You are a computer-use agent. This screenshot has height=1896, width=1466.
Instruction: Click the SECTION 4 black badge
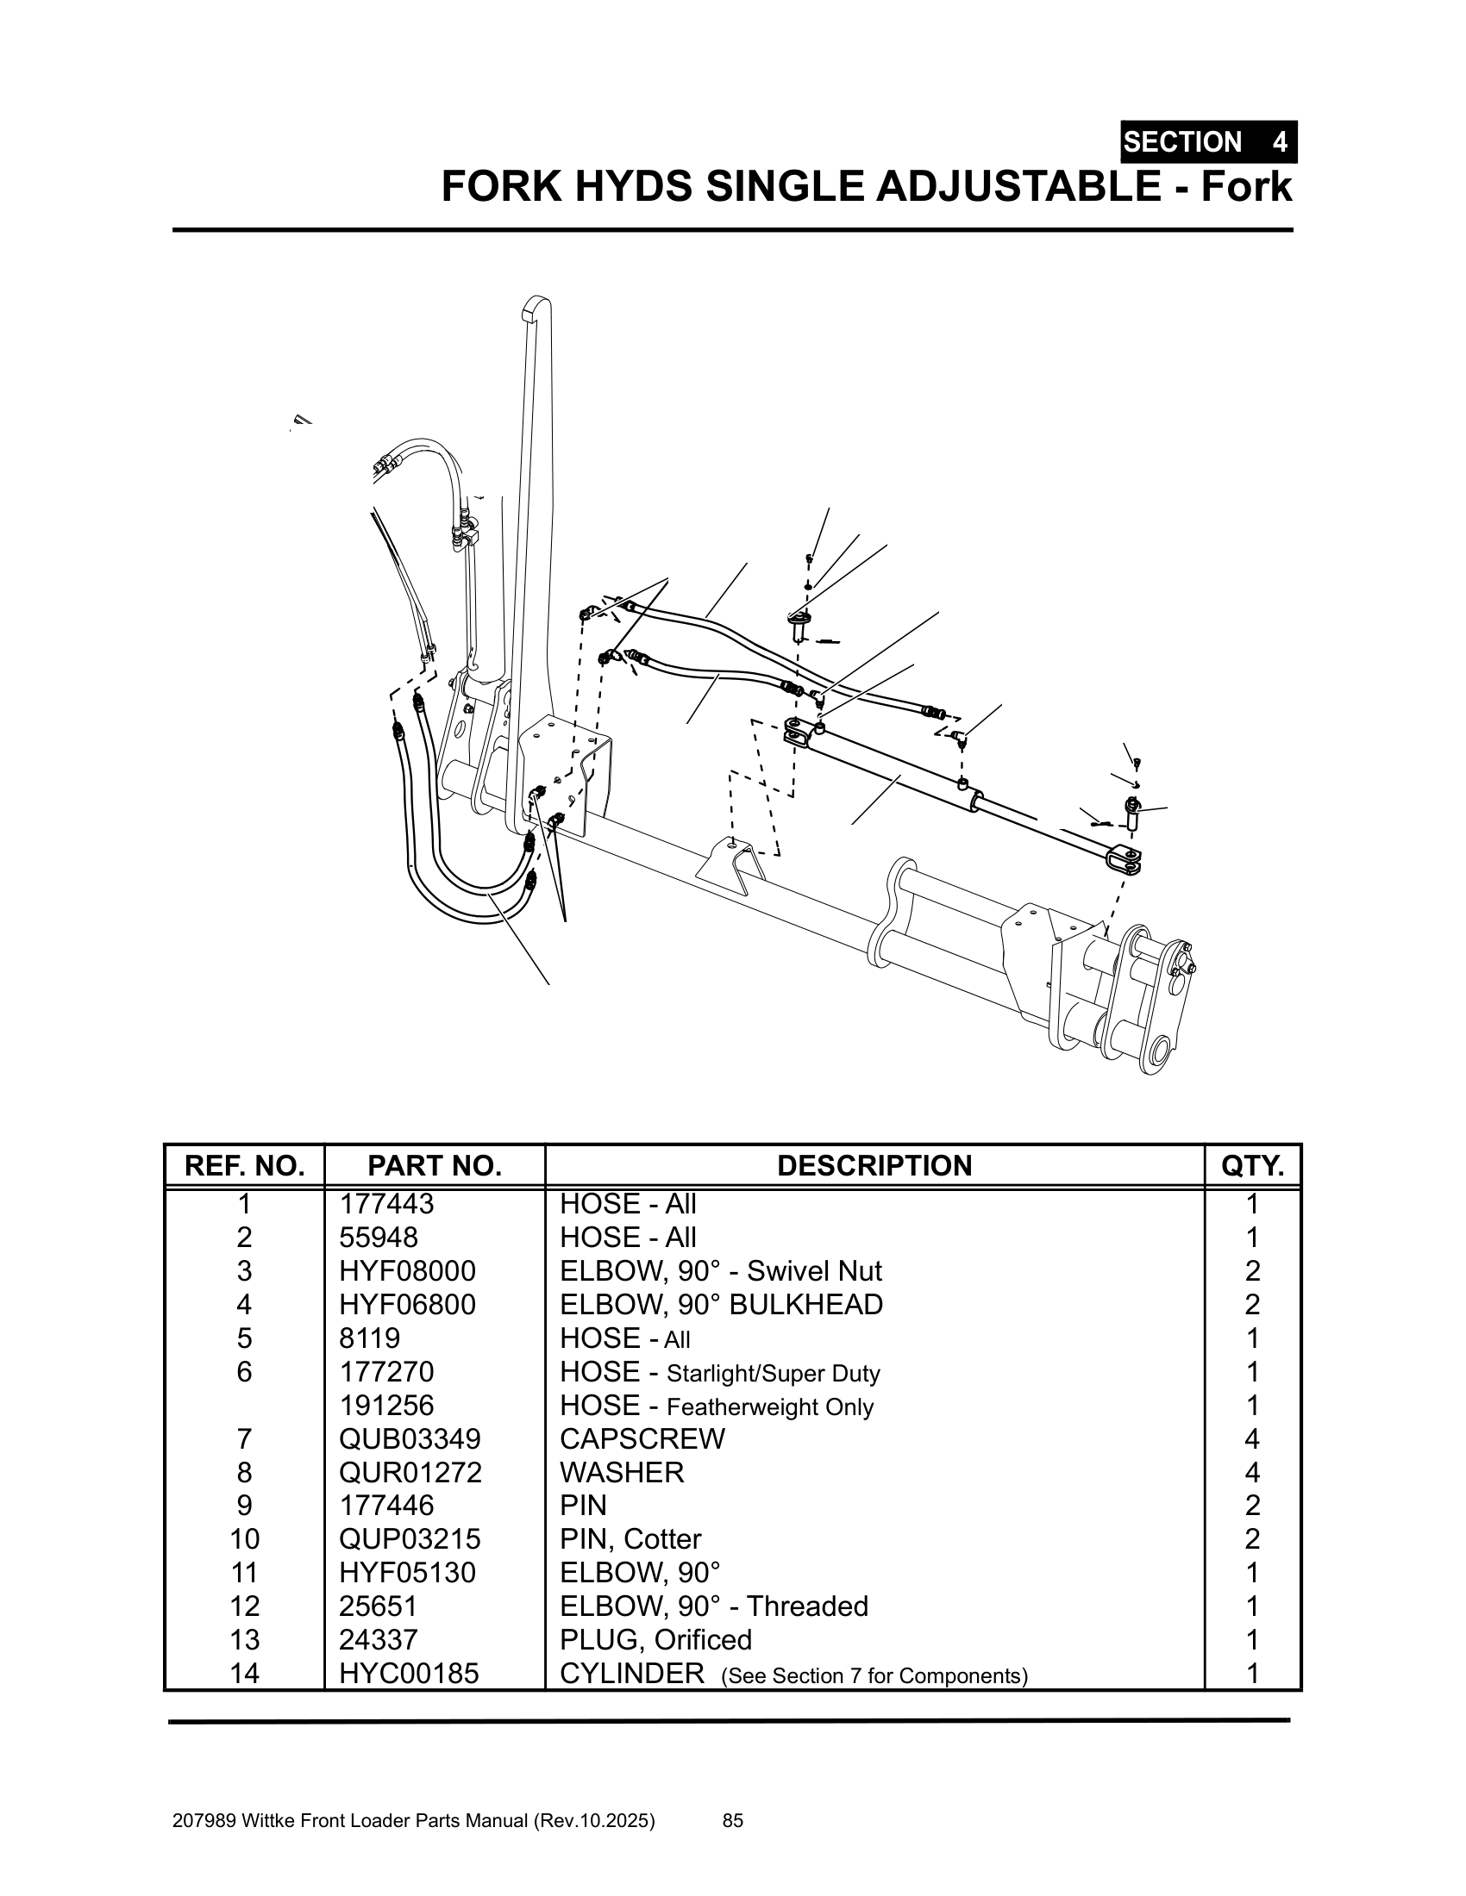(x=1207, y=141)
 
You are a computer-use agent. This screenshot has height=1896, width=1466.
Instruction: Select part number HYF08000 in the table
(x=407, y=1271)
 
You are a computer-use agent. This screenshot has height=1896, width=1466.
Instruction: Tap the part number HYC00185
(x=408, y=1673)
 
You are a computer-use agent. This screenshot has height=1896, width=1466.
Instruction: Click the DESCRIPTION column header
(x=874, y=1165)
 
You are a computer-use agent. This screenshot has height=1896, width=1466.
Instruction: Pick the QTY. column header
(x=1251, y=1165)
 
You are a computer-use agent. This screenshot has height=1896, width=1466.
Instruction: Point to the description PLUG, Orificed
(x=655, y=1639)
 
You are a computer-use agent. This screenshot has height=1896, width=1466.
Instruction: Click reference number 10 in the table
(x=244, y=1538)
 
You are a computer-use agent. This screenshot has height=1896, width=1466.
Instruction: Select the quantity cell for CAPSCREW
(x=1251, y=1438)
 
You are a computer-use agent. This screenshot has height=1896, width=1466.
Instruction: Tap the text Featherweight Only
(x=769, y=1406)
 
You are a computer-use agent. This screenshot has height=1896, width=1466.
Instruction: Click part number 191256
(x=385, y=1406)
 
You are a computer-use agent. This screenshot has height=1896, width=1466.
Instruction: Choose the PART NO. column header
(x=435, y=1165)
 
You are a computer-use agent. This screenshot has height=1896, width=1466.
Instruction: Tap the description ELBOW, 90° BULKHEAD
(x=721, y=1305)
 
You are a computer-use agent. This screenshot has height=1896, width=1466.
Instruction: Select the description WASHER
(x=622, y=1472)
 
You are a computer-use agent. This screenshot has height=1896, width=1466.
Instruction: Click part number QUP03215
(x=409, y=1538)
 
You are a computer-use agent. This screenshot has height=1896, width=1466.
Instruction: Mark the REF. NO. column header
(x=244, y=1165)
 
